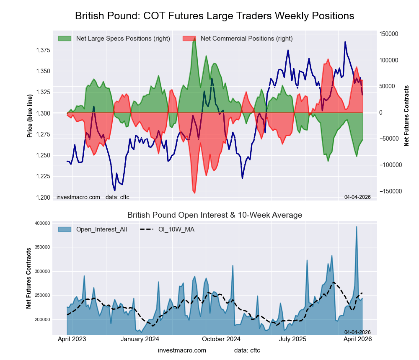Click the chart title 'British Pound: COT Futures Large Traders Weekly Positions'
click(x=215, y=16)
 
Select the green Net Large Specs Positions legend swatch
click(x=65, y=39)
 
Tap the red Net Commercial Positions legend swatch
click(x=189, y=39)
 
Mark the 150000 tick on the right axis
click(x=388, y=34)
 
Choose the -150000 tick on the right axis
click(x=388, y=191)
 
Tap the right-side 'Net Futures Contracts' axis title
click(x=406, y=116)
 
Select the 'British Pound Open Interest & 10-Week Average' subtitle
click(x=215, y=215)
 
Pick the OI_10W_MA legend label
click(x=176, y=229)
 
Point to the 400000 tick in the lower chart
click(x=47, y=223)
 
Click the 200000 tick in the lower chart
click(x=47, y=319)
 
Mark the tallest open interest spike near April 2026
click(x=357, y=227)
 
